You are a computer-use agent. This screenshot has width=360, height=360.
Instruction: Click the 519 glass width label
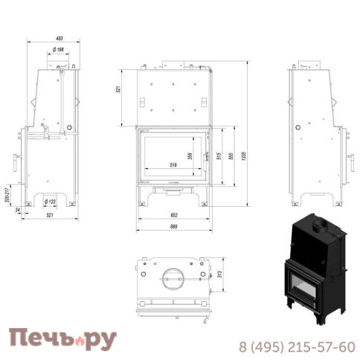tap(172, 165)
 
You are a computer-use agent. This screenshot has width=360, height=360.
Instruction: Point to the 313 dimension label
tap(220, 274)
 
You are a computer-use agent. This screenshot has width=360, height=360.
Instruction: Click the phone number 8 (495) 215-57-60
tap(296, 347)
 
